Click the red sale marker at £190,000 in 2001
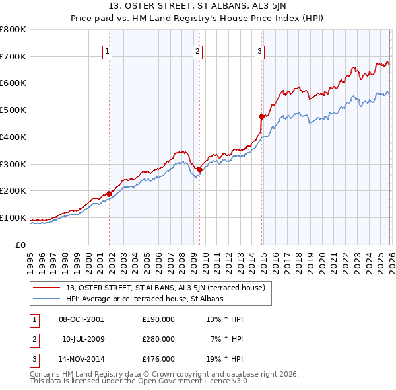tap(110, 193)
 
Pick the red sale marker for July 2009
tap(199, 169)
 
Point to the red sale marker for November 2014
tap(261, 116)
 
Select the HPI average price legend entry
tap(145, 299)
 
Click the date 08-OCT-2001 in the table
tap(81, 319)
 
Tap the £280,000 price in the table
tap(158, 339)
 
